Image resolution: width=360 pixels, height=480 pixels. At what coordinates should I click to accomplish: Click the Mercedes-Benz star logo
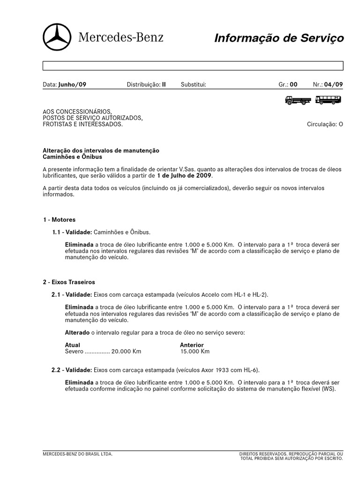click(x=57, y=37)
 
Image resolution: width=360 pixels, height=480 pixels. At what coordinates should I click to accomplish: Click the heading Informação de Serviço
click(x=279, y=38)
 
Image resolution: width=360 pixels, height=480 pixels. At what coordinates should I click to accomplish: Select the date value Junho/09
click(x=72, y=85)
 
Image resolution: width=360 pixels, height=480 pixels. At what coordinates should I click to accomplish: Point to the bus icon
click(x=328, y=100)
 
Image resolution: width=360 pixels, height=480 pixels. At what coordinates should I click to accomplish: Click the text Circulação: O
click(x=325, y=125)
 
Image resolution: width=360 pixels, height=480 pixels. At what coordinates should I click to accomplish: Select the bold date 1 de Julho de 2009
click(x=184, y=176)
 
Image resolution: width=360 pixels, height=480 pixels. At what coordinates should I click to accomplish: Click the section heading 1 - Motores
click(x=59, y=219)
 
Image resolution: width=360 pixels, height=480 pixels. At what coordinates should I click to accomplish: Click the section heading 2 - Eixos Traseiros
click(x=69, y=282)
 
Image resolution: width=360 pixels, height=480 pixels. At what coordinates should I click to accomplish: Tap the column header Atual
click(x=72, y=345)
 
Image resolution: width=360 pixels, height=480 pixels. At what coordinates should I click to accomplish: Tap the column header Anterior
click(x=192, y=345)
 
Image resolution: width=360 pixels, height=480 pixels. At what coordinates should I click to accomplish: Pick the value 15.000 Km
click(x=195, y=352)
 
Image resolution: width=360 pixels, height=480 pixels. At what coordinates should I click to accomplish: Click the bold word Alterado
click(x=77, y=332)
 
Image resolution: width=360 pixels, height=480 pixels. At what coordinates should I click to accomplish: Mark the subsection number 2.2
click(x=56, y=370)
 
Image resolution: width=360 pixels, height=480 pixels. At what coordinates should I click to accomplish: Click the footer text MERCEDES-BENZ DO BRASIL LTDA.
click(x=77, y=454)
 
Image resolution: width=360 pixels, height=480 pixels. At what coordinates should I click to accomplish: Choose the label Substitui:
click(x=194, y=85)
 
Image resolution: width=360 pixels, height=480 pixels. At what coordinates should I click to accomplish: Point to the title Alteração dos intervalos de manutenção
click(x=101, y=150)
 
